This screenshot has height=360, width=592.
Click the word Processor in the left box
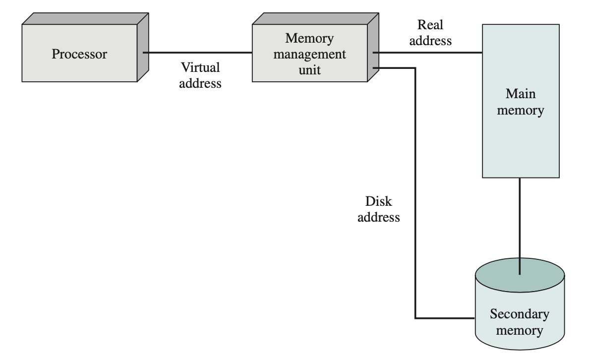(79, 54)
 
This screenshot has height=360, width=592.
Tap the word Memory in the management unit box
(309, 38)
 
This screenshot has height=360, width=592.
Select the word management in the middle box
(309, 54)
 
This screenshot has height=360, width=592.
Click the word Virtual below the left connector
(200, 67)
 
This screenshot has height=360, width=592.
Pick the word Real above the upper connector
(430, 25)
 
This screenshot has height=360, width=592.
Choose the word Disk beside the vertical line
(379, 202)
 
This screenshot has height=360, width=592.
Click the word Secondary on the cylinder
(519, 314)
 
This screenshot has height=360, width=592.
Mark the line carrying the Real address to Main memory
(426, 52)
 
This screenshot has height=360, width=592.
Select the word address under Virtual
(200, 83)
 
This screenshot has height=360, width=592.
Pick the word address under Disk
(379, 218)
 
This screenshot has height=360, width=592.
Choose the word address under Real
(430, 40)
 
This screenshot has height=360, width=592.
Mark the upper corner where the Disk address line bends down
(415, 68)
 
